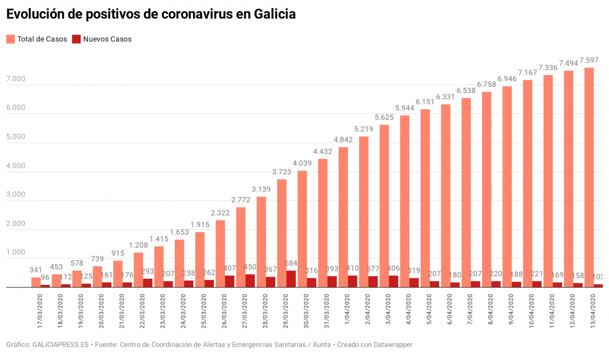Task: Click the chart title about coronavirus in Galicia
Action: (150, 14)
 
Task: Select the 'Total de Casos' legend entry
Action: (37, 39)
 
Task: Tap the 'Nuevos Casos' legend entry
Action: (102, 39)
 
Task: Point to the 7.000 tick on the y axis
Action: (16, 79)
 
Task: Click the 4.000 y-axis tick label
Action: (16, 166)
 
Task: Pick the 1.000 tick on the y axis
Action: (16, 252)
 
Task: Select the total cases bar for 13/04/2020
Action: (589, 178)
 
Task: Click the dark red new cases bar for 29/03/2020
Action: (291, 279)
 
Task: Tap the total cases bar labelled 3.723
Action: (282, 234)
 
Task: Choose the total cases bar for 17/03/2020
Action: (36, 282)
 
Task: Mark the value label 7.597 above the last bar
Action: (589, 60)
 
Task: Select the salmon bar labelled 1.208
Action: (138, 270)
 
